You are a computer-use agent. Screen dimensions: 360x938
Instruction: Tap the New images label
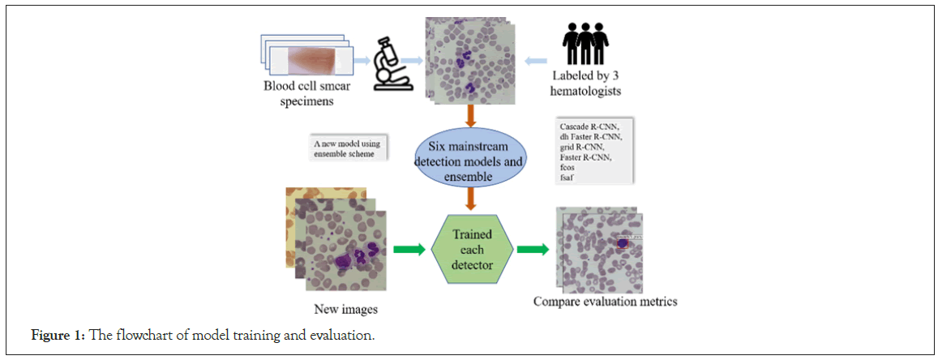pyautogui.click(x=345, y=309)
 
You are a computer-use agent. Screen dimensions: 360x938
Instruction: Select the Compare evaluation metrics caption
pyautogui.click(x=605, y=302)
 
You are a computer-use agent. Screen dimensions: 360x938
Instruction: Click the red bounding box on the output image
pyautogui.click(x=622, y=242)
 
